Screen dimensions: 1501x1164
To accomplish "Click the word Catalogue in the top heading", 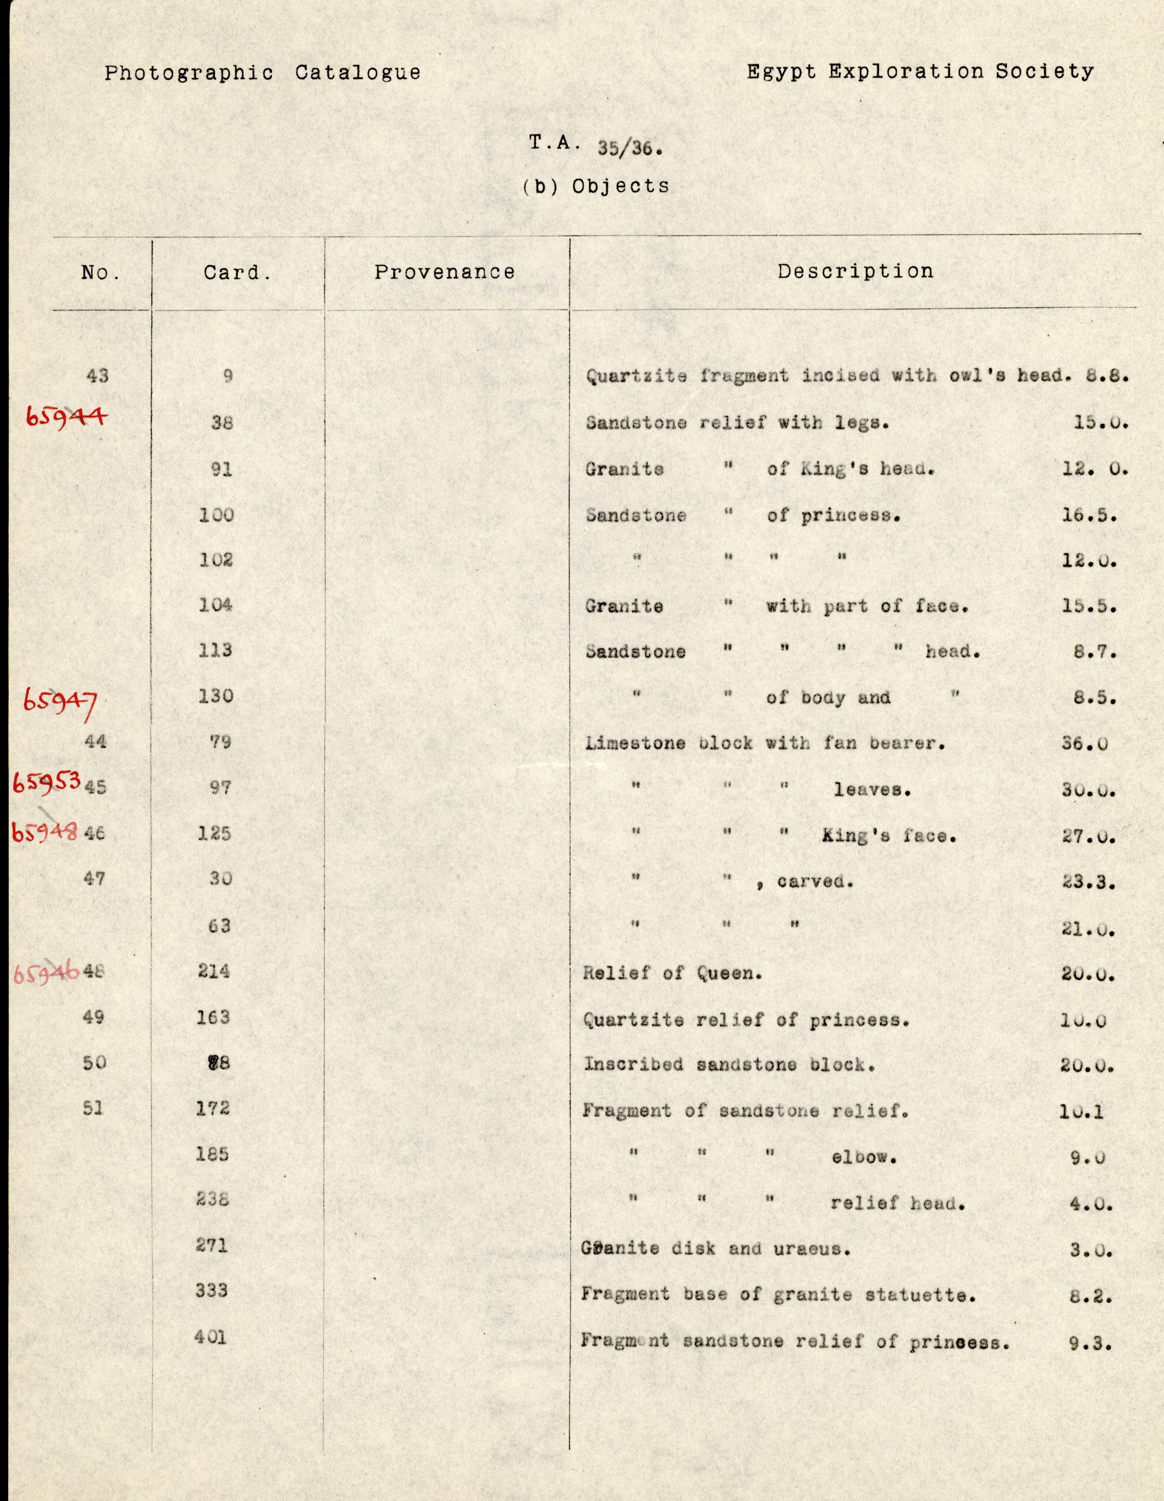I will coord(358,73).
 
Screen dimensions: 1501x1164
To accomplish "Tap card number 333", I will coord(211,1290).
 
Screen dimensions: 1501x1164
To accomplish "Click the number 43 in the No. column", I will coord(98,375).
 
